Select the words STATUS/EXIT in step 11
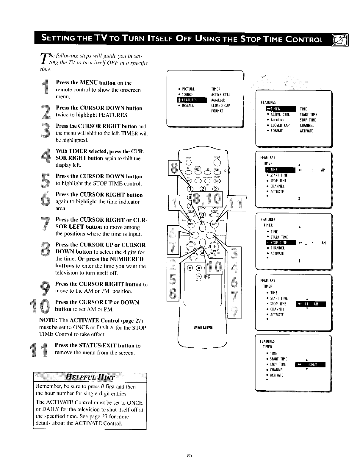101,346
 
